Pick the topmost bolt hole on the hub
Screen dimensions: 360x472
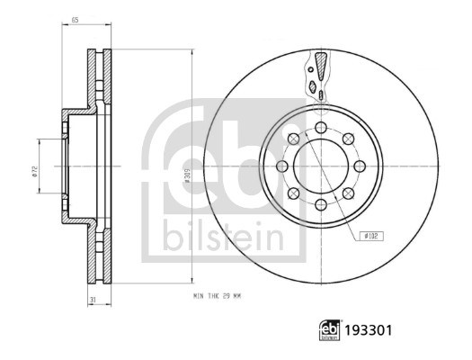pos(321,128)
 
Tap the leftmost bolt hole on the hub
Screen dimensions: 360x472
pos(282,166)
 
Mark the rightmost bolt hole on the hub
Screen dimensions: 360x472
pos(360,166)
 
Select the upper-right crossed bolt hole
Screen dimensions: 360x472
pos(348,139)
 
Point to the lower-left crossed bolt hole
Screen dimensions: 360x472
pos(294,193)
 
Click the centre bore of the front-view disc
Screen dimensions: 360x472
pos(321,166)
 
